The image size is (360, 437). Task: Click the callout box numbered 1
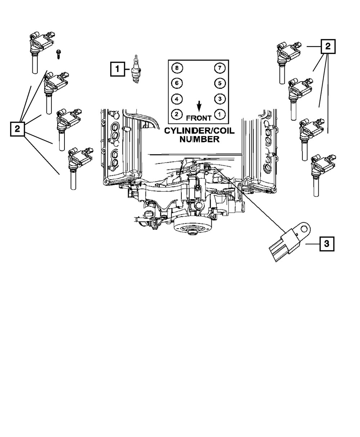click(116, 68)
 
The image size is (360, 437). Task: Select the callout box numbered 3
click(326, 244)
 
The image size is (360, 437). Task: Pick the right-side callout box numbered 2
click(328, 46)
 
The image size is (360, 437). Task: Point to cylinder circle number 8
click(177, 68)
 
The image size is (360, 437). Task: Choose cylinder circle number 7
click(219, 68)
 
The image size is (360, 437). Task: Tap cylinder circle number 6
click(177, 83)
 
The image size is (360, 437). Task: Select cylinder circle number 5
click(219, 83)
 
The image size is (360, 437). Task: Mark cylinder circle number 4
click(177, 99)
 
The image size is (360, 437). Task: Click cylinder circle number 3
click(219, 99)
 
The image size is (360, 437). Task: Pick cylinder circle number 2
click(177, 114)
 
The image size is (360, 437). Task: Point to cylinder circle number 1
click(219, 114)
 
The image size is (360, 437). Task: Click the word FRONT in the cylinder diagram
click(199, 118)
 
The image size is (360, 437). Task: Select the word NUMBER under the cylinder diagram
click(199, 139)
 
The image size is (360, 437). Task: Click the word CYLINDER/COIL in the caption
click(199, 131)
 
